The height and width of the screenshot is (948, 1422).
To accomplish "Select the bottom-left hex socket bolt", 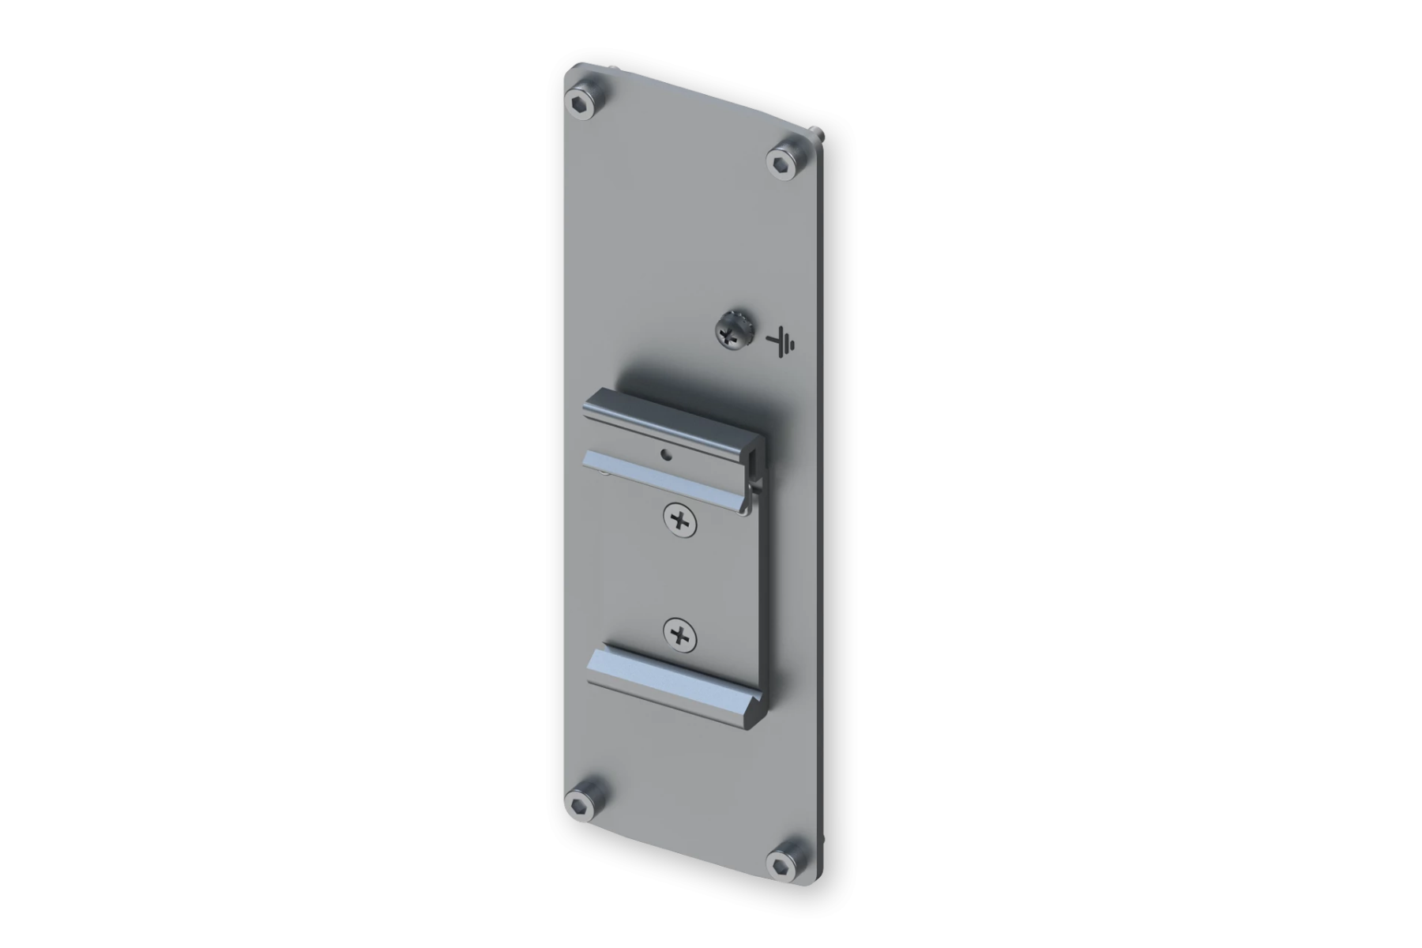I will [585, 804].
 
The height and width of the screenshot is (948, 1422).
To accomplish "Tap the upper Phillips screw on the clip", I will [680, 520].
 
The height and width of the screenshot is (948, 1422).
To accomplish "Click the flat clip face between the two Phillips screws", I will [680, 577].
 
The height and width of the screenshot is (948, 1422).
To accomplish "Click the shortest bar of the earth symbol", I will [792, 344].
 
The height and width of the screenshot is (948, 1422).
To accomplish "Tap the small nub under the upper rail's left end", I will [604, 473].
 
